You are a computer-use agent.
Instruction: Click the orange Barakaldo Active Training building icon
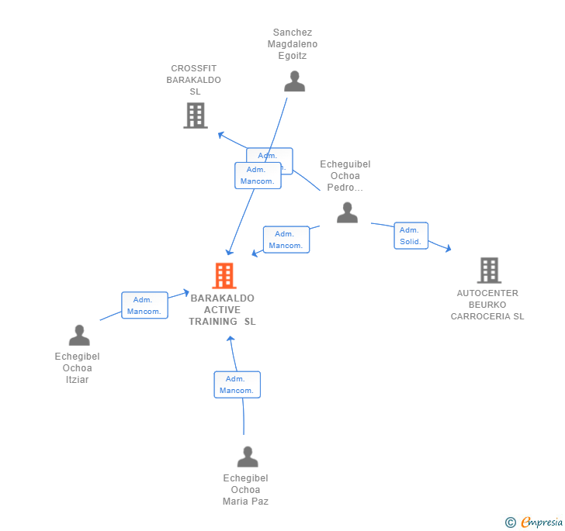[224, 275]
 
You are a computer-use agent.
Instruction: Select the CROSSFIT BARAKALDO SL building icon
[196, 116]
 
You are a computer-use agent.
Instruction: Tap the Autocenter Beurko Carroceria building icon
[488, 271]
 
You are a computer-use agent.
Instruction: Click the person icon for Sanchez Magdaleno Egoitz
[294, 81]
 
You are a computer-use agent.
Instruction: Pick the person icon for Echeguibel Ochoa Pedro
[347, 212]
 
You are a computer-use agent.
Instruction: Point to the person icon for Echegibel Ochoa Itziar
[79, 336]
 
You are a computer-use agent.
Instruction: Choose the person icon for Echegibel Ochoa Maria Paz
[247, 457]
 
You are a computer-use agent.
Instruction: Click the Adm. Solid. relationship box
[411, 236]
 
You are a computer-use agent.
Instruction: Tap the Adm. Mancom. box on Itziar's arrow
[144, 305]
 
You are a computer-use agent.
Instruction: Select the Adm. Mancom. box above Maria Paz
[237, 384]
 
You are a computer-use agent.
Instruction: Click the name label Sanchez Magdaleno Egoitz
[293, 44]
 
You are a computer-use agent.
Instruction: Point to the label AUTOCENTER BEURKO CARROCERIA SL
[487, 305]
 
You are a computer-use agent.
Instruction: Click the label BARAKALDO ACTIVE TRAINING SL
[222, 310]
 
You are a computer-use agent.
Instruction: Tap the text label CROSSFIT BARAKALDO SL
[194, 80]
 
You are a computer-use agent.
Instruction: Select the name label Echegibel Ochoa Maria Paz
[245, 490]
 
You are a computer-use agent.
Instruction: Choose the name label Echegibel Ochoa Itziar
[78, 368]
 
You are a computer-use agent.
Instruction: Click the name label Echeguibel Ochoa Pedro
[345, 176]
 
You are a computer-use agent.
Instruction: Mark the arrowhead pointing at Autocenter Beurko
[447, 249]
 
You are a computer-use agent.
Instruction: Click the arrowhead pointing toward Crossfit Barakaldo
[221, 135]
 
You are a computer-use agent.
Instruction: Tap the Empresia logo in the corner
[534, 522]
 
